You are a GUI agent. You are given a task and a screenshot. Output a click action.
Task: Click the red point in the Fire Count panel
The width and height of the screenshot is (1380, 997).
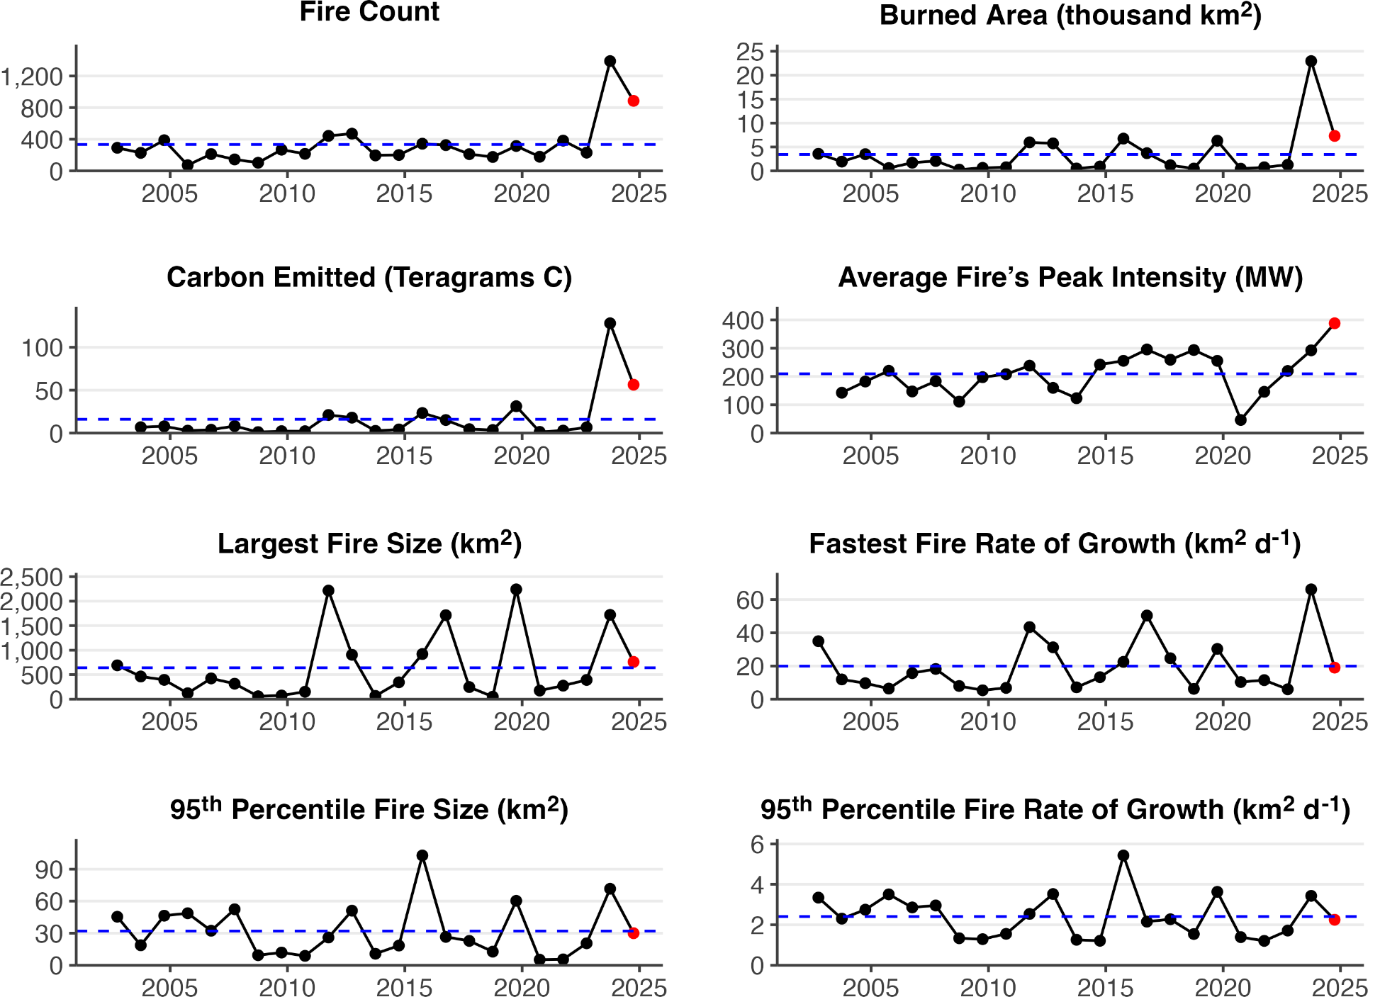(634, 101)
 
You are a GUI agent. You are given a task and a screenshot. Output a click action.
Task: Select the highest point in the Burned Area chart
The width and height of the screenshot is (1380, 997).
(1311, 62)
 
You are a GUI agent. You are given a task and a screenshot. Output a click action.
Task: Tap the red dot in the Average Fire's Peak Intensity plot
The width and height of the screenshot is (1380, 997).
(1335, 323)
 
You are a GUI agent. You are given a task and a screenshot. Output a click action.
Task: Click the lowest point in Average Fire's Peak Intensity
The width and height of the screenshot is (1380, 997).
(1241, 420)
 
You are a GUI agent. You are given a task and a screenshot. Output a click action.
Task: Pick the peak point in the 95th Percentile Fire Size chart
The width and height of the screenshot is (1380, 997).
(422, 856)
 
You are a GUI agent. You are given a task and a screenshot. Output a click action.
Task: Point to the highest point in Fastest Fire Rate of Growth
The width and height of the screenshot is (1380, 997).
(1311, 590)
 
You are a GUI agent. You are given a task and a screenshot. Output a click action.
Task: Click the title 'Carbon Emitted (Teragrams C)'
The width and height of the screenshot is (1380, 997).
(369, 277)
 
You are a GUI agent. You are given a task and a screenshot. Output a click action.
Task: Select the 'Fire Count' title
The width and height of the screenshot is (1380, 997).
(369, 12)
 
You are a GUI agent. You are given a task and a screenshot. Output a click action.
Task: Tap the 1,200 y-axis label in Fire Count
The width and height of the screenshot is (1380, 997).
(32, 77)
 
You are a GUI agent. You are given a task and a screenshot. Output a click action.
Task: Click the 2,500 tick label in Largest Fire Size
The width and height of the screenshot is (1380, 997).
(32, 578)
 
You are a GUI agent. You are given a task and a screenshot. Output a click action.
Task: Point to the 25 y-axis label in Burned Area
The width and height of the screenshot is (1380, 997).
(750, 52)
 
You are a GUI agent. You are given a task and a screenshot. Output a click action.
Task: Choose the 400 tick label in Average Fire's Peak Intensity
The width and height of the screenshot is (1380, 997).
(743, 320)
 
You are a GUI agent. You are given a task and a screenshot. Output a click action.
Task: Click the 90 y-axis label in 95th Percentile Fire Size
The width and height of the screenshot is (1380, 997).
(49, 869)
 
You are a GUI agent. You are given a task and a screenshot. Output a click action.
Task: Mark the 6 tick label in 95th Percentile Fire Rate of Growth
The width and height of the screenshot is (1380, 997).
(757, 844)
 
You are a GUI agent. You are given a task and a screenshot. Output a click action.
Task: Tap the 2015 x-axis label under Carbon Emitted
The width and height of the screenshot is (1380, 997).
(404, 456)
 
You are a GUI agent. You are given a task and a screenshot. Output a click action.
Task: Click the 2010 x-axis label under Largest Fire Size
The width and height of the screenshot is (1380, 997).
(286, 721)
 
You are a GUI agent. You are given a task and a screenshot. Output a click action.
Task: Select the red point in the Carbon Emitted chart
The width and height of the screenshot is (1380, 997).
(634, 385)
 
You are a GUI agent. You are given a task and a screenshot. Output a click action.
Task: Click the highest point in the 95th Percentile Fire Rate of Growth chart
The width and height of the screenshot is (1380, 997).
(1123, 856)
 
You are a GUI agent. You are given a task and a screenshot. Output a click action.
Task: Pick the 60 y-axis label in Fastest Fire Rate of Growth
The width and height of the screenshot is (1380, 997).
(750, 600)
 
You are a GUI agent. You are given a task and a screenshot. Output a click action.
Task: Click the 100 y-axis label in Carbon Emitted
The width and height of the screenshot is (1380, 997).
(42, 348)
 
